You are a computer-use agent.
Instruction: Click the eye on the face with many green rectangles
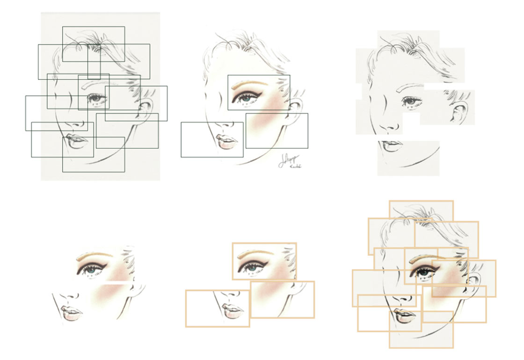coord(96,99)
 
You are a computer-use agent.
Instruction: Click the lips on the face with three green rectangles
coord(227,142)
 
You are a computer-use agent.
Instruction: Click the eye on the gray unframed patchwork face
coord(411,101)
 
